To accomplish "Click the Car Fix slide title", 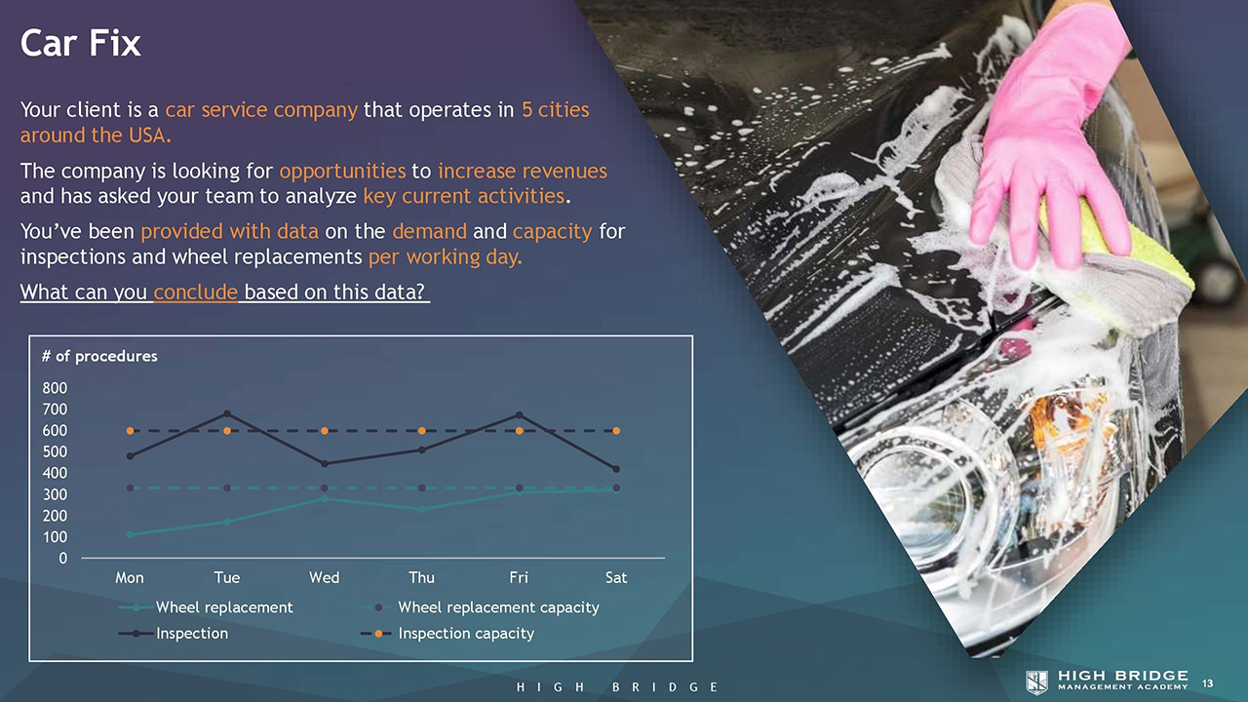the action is [x=80, y=43].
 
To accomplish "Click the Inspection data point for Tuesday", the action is [x=227, y=414].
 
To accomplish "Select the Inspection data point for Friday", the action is [x=520, y=415].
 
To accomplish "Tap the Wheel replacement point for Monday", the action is [x=130, y=535].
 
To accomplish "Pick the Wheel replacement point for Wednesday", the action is [x=325, y=498].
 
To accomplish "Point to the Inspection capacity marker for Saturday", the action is [x=616, y=431].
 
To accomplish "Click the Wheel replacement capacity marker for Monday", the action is [x=130, y=488].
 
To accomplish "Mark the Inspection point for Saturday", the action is [x=616, y=469].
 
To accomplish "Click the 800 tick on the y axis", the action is [x=55, y=388].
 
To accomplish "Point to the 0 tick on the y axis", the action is [x=63, y=559].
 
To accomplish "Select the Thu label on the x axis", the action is [x=422, y=578].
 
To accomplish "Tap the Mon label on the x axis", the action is [x=130, y=578].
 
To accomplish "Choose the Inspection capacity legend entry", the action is [x=448, y=634].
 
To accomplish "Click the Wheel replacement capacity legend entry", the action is [x=481, y=607].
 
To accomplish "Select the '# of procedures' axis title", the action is [x=99, y=357].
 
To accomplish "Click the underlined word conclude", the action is [x=196, y=292].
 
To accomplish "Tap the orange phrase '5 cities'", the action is [x=555, y=110].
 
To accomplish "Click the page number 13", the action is [x=1207, y=683].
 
